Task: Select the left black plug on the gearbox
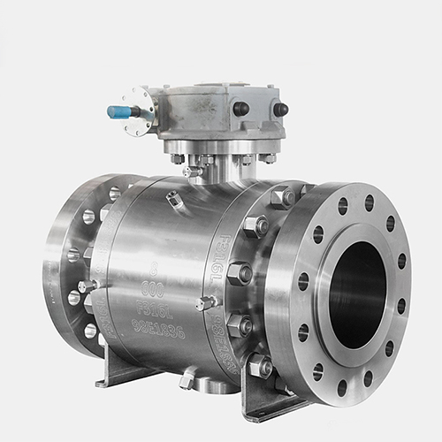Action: click(240, 108)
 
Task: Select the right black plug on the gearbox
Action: click(280, 110)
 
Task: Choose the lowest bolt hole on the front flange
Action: click(341, 387)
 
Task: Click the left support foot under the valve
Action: click(115, 367)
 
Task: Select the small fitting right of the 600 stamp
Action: click(207, 303)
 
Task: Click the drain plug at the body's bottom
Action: click(187, 380)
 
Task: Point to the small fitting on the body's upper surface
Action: click(174, 200)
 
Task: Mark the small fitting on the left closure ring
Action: click(88, 286)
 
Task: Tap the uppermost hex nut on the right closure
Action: click(284, 196)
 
